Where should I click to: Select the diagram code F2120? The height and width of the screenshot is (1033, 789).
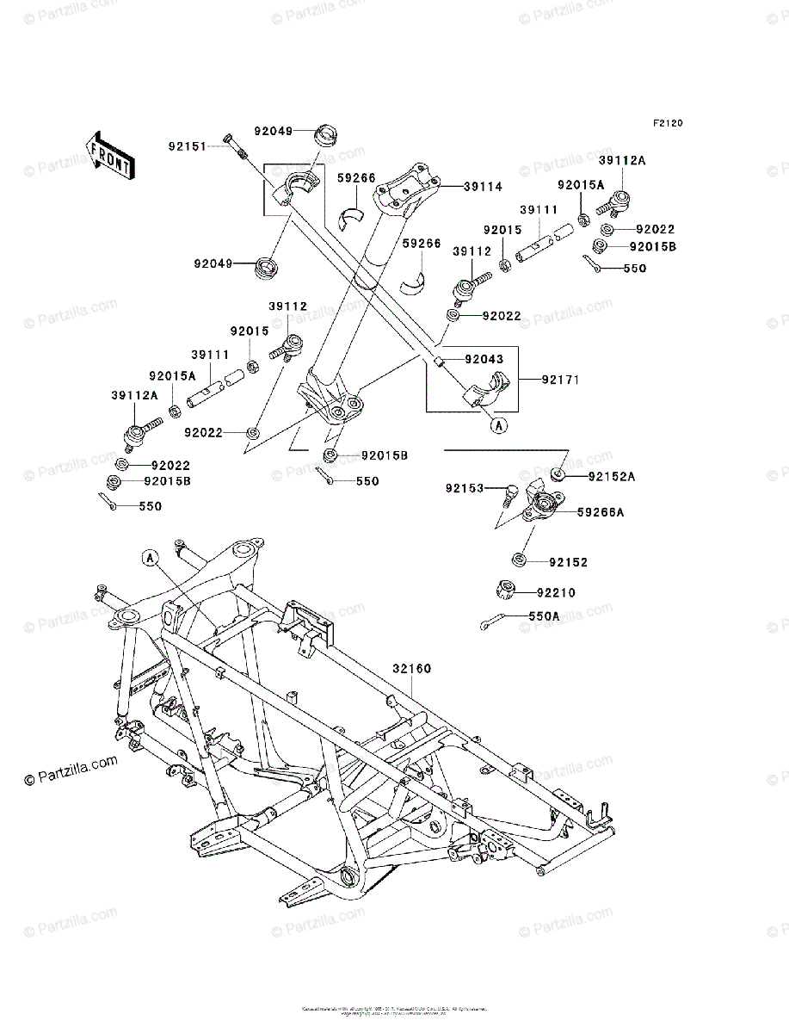pos(667,124)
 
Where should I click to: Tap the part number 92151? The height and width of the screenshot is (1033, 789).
pos(187,146)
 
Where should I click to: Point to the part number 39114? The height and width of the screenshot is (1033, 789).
pos(483,186)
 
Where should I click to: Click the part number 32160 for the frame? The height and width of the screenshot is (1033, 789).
pos(412,669)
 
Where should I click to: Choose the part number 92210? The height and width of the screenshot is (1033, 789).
pos(556,593)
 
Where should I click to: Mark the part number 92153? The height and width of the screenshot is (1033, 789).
pos(464,489)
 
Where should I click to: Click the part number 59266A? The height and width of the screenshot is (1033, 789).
pos(601,512)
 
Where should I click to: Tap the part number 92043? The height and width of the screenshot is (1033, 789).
pos(484,359)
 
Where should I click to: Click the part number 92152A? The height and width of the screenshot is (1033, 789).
pos(612,476)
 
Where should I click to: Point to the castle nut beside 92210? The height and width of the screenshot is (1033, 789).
pos(507,591)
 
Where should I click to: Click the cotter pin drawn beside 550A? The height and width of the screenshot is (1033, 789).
pos(492,621)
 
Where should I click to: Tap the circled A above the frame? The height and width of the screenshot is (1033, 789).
pos(150,559)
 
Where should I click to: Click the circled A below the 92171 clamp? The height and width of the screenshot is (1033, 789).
pos(499,424)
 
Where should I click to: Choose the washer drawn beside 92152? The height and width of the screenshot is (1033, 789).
pos(520,561)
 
